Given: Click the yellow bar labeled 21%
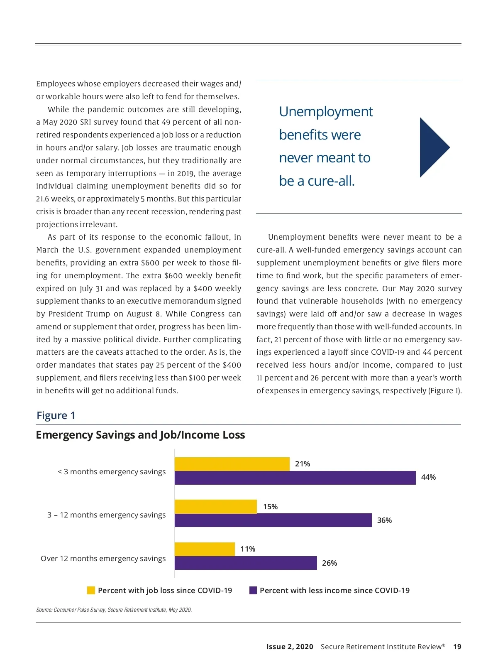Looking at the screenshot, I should [232, 464].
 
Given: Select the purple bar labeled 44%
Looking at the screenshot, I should [295, 478].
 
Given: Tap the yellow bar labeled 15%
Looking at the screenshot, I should [216, 507].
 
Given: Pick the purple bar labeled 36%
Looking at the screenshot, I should [273, 520].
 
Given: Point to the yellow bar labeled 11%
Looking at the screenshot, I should [205, 549].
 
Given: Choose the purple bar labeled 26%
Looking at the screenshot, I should [246, 563].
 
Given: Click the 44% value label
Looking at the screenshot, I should [428, 477].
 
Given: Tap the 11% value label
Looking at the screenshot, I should [248, 549].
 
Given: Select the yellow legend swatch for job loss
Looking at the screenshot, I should [91, 591].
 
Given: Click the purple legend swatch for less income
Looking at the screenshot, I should [253, 591].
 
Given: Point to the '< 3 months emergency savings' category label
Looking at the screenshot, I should [112, 472].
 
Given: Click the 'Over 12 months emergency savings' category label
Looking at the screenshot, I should [103, 559].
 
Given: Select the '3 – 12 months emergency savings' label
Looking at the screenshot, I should [106, 515].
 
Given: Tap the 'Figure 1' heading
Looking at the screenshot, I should [56, 415].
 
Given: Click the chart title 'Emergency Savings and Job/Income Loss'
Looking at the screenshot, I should [140, 435].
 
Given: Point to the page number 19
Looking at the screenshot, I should [457, 647].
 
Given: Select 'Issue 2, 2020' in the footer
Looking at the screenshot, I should [290, 647].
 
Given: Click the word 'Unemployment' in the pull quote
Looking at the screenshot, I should [326, 112].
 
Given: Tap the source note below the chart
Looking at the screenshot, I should [114, 610].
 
